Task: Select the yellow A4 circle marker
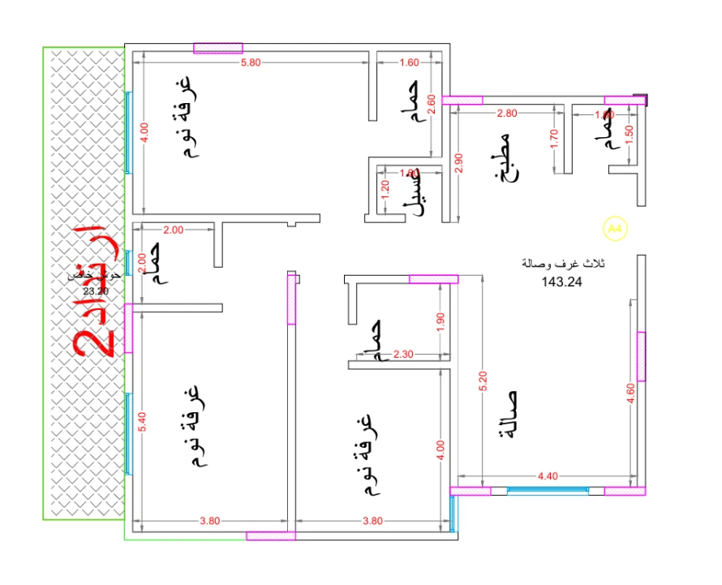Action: tap(616, 230)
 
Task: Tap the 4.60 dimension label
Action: tap(630, 396)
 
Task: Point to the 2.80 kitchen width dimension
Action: tap(507, 114)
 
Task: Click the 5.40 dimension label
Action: tap(143, 423)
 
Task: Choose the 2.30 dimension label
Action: tap(403, 355)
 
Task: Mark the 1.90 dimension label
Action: tap(441, 320)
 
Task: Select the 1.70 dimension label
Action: tap(554, 140)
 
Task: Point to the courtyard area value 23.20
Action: tap(96, 291)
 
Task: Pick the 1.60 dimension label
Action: tap(410, 62)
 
